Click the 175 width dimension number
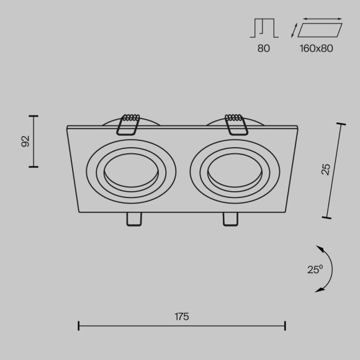(181, 317)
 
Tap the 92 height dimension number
(25, 142)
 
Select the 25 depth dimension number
(326, 169)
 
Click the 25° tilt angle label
(315, 269)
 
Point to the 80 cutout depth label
(264, 48)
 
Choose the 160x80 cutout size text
(316, 48)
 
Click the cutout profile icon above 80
(264, 29)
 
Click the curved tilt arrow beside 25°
(326, 269)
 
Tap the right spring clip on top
(236, 122)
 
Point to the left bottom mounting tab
(133, 219)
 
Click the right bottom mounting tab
(230, 219)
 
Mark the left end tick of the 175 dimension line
(79, 325)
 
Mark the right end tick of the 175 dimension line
(284, 325)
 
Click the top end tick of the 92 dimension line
(34, 116)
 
